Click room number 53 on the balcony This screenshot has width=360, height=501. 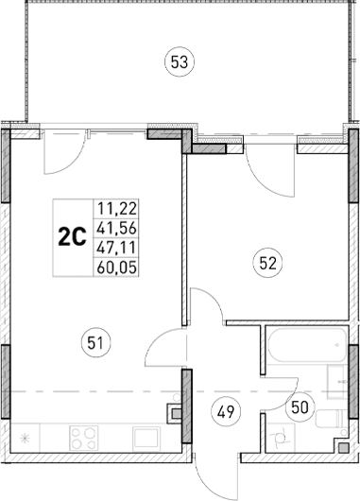(x=180, y=62)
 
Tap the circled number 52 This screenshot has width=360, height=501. (x=267, y=265)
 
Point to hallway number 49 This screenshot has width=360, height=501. (x=225, y=411)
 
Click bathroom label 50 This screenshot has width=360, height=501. (x=299, y=407)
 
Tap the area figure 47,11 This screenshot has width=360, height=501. (x=113, y=248)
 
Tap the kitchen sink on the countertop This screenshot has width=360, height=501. (x=147, y=438)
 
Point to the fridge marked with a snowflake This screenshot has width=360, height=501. (x=26, y=438)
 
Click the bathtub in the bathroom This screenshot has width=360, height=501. (x=304, y=349)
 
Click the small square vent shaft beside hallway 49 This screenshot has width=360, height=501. (x=175, y=411)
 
